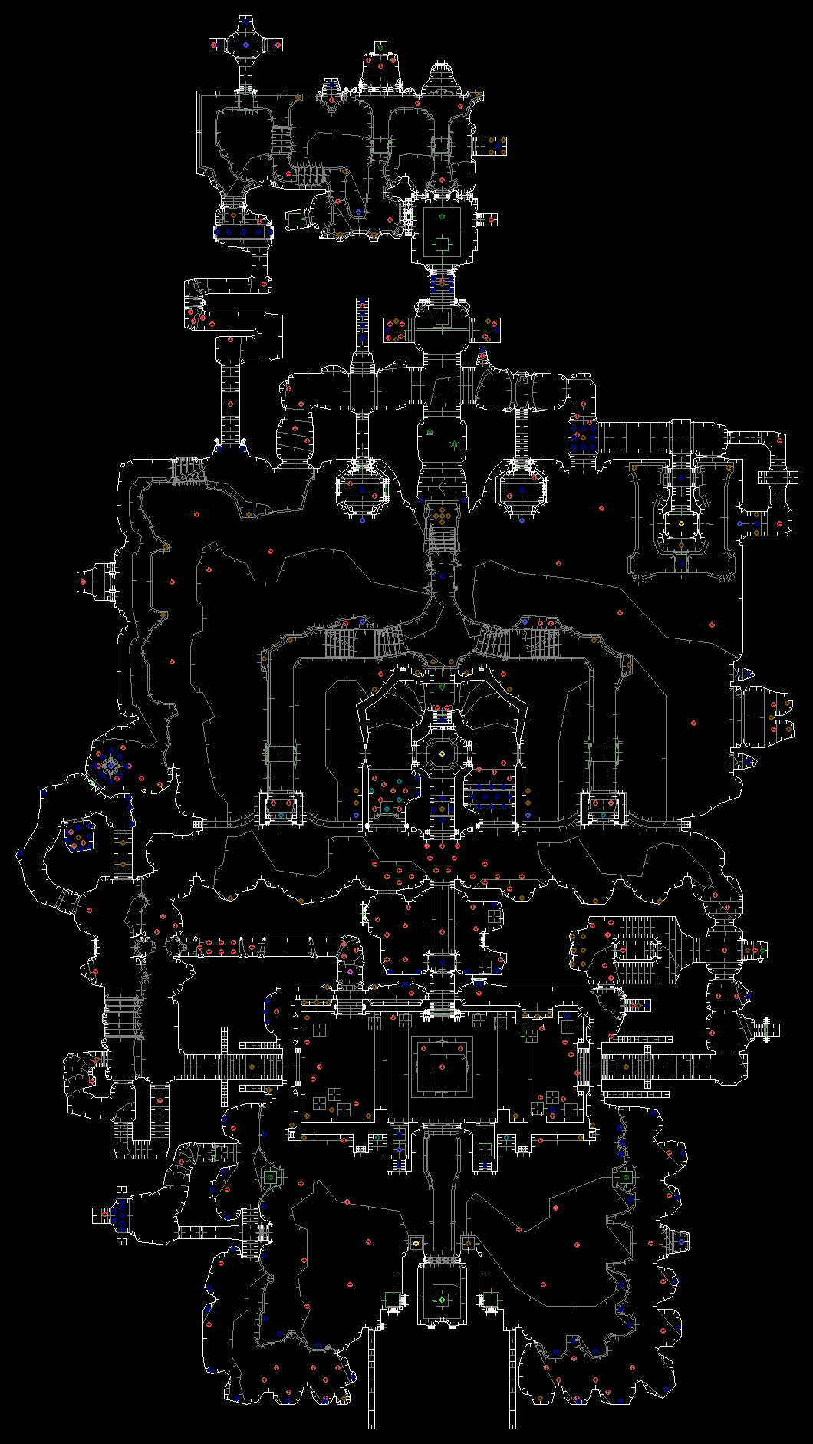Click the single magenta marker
pos(350,971)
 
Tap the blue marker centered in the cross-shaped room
pos(245,45)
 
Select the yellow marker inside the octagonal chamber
pos(442,754)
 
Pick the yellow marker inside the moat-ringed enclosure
pos(681,523)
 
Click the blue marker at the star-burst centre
pos(110,766)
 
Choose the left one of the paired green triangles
pos(430,431)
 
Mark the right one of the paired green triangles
pos(454,443)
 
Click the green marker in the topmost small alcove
pos(380,48)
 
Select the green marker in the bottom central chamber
pos(442,1299)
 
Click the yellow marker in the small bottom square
pos(416,1243)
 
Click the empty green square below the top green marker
pos(442,244)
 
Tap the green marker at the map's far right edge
pos(763,951)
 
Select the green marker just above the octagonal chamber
pos(442,687)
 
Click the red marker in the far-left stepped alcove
pos(84,582)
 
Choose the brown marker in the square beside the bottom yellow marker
pos(467,1243)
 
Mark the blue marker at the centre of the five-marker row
pos(244,232)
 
